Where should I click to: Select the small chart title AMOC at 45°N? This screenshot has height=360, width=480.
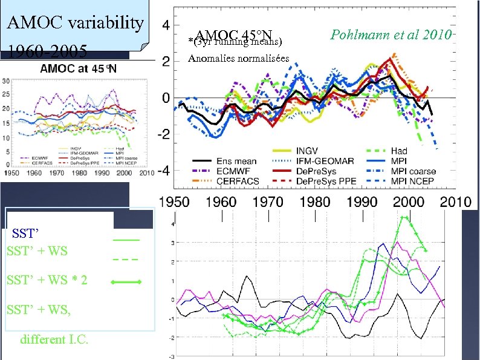pos(79,68)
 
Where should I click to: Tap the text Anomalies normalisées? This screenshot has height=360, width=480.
pos(239,59)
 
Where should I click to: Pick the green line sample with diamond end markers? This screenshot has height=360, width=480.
pos(126,282)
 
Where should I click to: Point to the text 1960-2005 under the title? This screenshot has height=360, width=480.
pos(42,50)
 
